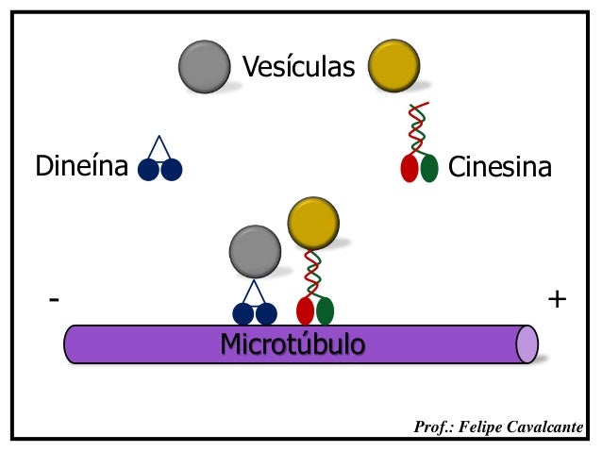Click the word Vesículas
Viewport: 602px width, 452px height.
pyautogui.click(x=298, y=67)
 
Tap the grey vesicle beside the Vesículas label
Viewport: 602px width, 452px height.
pyautogui.click(x=205, y=66)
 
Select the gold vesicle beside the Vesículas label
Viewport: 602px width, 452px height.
pyautogui.click(x=393, y=66)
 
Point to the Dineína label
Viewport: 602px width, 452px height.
pyautogui.click(x=81, y=167)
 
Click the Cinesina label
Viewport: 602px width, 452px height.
pyautogui.click(x=499, y=167)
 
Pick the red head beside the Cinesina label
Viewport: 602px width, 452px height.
pyautogui.click(x=409, y=168)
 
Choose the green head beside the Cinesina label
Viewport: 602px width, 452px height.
pyautogui.click(x=429, y=168)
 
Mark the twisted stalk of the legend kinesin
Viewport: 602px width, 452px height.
pyautogui.click(x=417, y=126)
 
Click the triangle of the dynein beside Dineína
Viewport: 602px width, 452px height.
pyautogui.click(x=159, y=148)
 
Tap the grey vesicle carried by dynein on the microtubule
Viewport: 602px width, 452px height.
pyautogui.click(x=255, y=252)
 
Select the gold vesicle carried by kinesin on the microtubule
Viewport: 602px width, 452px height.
pyautogui.click(x=312, y=223)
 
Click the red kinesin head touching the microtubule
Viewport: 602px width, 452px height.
pyautogui.click(x=305, y=310)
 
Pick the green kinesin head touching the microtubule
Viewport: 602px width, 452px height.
pyautogui.click(x=326, y=310)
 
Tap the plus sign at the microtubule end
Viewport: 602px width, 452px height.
pyautogui.click(x=557, y=299)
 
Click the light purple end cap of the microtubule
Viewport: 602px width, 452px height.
pyautogui.click(x=527, y=344)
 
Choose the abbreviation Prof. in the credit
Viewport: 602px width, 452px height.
pyautogui.click(x=435, y=428)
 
